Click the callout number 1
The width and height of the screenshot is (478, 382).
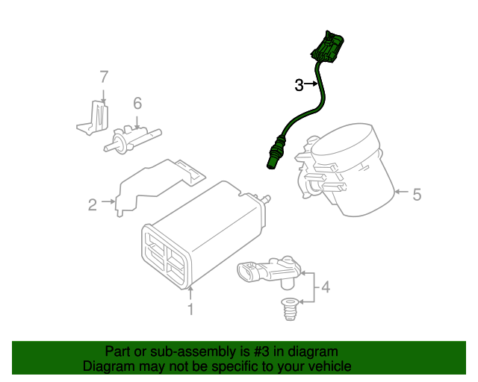(x=190, y=309)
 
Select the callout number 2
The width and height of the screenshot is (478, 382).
(x=93, y=204)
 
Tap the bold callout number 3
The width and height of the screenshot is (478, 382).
(x=299, y=85)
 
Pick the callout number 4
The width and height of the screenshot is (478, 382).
(x=326, y=286)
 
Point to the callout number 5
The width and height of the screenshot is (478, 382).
(x=417, y=195)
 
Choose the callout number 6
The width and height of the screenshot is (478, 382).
(x=137, y=103)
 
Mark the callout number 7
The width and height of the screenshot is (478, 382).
(x=104, y=76)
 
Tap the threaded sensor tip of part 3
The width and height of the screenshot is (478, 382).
(x=271, y=160)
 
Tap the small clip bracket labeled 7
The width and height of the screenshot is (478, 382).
(x=93, y=118)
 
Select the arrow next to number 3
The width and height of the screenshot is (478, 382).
(x=312, y=85)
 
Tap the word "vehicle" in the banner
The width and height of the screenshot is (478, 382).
(x=327, y=366)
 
